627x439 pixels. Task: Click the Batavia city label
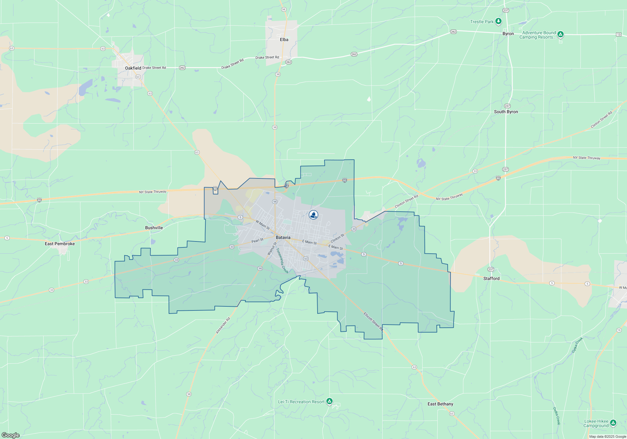pos(283,237)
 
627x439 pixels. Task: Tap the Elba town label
pos(284,40)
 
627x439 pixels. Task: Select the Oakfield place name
pos(133,68)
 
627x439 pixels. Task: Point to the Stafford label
pos(491,278)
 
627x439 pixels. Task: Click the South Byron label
pos(506,112)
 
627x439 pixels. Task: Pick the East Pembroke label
pos(60,244)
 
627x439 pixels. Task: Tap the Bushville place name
pos(154,228)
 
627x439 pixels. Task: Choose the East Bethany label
pos(440,404)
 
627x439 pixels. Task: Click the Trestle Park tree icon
pos(498,21)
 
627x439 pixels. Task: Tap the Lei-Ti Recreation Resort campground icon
pos(329,401)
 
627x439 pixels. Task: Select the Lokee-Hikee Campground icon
pos(613,423)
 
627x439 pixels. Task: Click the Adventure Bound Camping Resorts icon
pos(561,34)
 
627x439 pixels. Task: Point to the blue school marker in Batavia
pos(313,214)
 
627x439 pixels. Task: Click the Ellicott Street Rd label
pos(373,321)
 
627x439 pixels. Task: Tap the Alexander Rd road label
pos(223,325)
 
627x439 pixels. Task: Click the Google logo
pos(11,435)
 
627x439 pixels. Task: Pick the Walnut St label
pos(272,248)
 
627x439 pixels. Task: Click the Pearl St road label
pos(257,241)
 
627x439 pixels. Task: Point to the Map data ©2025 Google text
pos(608,436)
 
